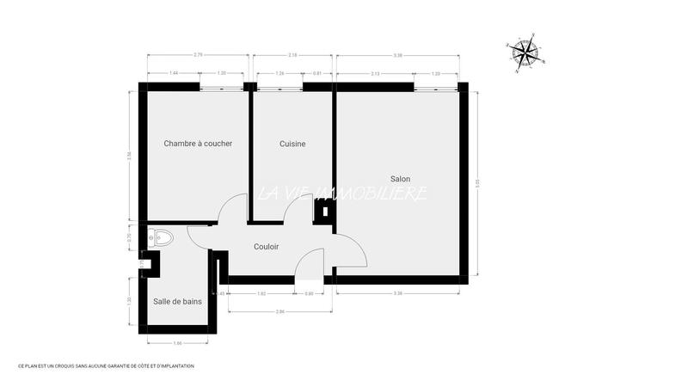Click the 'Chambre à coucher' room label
point(198,144)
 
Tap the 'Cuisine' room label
point(292,144)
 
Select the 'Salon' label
point(400,179)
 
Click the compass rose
point(525,53)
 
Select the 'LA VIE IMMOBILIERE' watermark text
point(342,193)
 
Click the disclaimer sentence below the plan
point(107,366)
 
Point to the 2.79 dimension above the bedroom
point(198,55)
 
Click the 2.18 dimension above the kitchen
point(293,55)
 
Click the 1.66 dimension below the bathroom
point(178,343)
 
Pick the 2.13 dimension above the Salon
point(375,73)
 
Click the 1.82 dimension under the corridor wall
point(261,294)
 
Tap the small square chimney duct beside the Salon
point(323,212)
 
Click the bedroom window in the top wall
point(222,86)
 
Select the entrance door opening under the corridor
point(308,279)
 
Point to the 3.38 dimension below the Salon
point(397,294)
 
